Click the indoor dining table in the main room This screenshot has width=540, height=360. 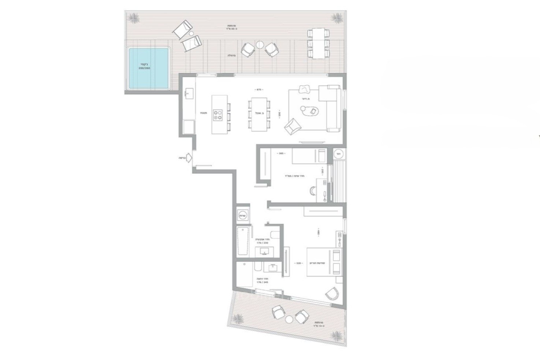click(258, 114)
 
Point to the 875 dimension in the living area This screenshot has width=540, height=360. click(259, 90)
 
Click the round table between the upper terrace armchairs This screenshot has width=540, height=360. click(260, 45)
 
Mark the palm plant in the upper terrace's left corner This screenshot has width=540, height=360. click(133, 17)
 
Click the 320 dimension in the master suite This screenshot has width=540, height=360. click(298, 263)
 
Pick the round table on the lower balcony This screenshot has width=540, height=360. click(289, 319)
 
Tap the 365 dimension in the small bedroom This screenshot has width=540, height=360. click(281, 154)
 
